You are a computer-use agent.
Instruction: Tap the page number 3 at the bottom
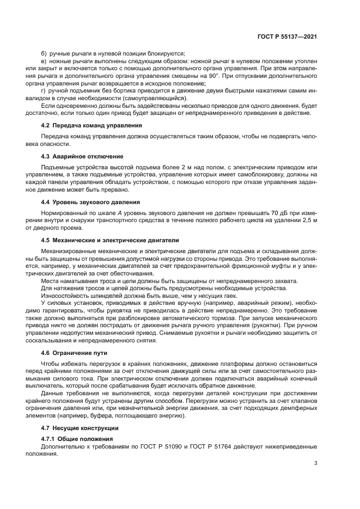coord(316,463)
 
